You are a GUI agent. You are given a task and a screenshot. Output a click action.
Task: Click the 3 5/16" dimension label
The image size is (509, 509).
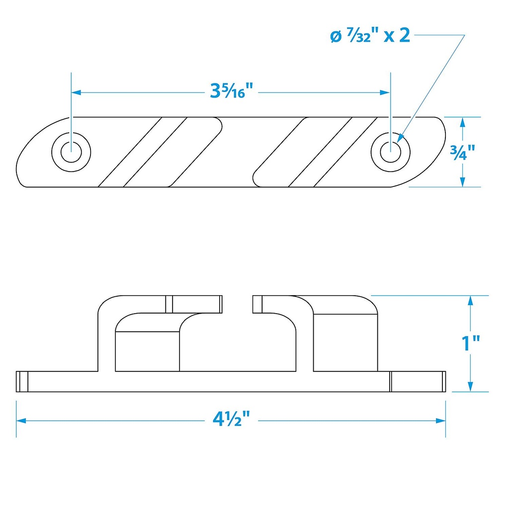pos(232,90)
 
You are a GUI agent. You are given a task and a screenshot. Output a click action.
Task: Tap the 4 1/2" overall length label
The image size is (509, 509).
pos(232,419)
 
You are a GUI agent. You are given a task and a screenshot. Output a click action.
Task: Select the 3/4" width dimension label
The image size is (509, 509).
pos(463,152)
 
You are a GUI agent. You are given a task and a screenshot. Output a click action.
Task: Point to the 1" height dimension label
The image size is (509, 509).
pos(471,343)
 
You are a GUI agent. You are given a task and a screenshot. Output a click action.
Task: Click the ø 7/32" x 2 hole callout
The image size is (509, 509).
pos(370,36)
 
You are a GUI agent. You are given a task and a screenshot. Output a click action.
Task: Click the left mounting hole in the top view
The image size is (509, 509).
pos(71,152)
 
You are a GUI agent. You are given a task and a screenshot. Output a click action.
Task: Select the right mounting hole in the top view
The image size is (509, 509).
pos(391,152)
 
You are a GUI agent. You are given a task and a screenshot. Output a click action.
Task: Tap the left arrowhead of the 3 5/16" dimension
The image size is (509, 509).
pos(76,92)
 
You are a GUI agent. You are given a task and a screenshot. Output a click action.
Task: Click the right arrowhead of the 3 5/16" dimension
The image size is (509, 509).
pos(385,92)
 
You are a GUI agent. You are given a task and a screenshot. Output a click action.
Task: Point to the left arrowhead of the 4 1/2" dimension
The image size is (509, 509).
pos(21,421)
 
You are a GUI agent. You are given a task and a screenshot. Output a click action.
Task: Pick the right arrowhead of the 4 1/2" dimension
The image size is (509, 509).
pos(441,421)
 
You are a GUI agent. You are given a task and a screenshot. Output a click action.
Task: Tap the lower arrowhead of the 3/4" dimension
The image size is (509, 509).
pos(463,182)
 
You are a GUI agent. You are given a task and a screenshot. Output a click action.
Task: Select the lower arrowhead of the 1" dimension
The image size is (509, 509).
pos(471,387)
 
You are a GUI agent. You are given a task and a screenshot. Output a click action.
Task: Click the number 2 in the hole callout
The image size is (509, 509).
pos(405,35)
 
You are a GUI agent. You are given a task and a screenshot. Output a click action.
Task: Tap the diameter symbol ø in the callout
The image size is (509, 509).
pos(336,37)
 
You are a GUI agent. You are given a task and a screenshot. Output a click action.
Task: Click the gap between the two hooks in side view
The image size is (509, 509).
pos(237,304)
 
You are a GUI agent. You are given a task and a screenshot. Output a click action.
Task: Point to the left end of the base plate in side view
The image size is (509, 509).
pos(16,381)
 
